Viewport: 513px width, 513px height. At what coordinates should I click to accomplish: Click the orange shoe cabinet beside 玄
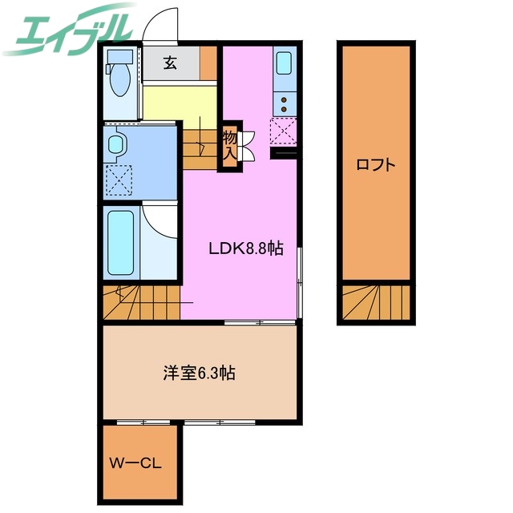point(208,64)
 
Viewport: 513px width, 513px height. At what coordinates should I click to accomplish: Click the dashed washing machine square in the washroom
point(118,180)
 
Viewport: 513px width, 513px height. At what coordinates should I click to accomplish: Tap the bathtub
point(121,241)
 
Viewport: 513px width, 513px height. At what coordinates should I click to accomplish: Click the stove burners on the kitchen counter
point(285,103)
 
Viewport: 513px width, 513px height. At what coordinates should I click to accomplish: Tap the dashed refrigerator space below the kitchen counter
point(284,131)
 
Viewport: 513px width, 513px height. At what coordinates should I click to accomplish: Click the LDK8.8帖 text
point(246,248)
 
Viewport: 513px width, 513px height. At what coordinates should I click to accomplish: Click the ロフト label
point(375,166)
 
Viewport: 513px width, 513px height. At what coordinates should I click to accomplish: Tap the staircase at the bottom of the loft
point(375,303)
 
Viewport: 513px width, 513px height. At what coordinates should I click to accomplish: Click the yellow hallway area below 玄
point(180,100)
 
